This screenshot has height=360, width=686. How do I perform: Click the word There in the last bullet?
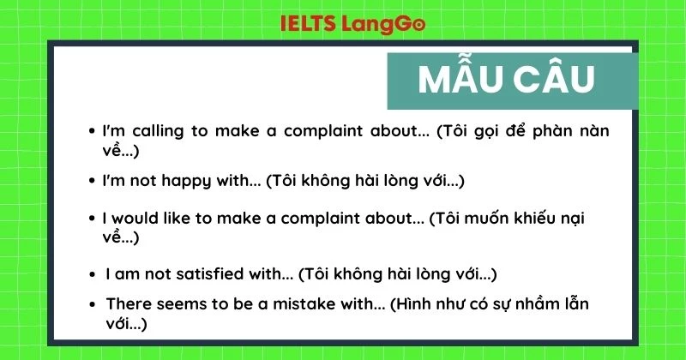click(129, 304)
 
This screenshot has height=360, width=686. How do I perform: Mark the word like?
click(180, 218)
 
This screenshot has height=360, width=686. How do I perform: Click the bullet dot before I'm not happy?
click(92, 182)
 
